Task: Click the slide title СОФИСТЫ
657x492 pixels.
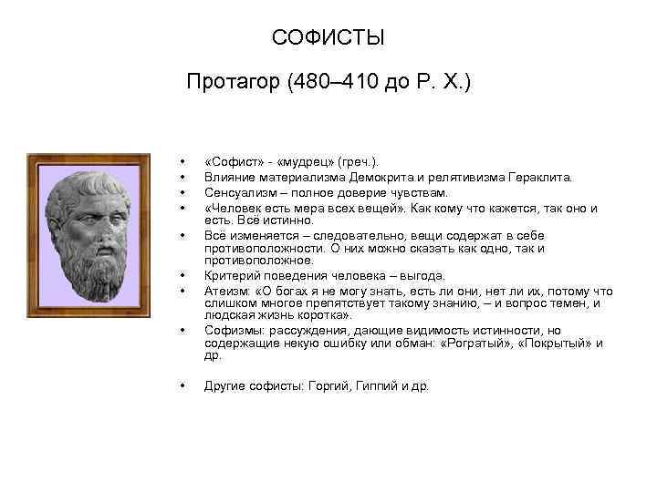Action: point(328,39)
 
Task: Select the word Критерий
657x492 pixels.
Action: point(232,275)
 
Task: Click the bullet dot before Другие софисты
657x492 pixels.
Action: point(184,385)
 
